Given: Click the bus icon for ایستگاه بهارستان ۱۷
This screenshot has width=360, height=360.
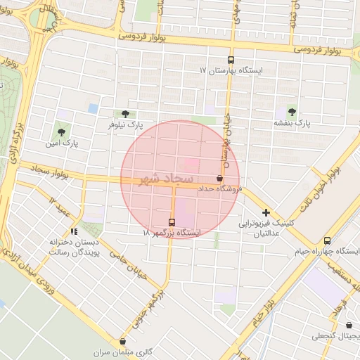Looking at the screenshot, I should (231, 60).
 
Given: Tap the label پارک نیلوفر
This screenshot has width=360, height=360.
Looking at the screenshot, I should (124, 124).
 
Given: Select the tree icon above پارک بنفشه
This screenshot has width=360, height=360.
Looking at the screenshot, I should (292, 112).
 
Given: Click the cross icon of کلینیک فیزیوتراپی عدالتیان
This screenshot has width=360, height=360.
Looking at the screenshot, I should (266, 212).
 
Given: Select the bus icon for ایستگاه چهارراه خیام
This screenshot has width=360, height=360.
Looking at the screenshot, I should (327, 240).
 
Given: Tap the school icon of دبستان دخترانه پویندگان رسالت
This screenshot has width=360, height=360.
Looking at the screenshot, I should (74, 231).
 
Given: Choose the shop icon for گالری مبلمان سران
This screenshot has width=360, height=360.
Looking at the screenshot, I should (122, 341).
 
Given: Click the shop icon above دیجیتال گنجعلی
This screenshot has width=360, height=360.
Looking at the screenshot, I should (349, 325).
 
